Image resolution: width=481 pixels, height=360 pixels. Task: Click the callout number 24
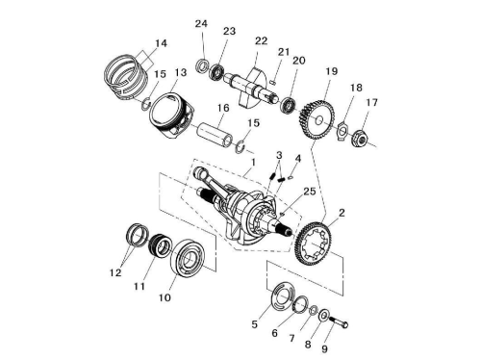(x=201, y=24)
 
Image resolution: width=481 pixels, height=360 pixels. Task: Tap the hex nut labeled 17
(x=360, y=139)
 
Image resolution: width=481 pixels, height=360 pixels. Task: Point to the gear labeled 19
(x=316, y=119)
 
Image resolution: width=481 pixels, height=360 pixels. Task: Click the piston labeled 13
(x=171, y=116)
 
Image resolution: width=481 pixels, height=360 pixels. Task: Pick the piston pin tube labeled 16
(x=215, y=134)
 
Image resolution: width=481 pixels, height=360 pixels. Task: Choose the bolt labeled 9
(x=340, y=321)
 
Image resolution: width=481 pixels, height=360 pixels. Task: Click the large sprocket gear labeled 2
(x=312, y=244)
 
